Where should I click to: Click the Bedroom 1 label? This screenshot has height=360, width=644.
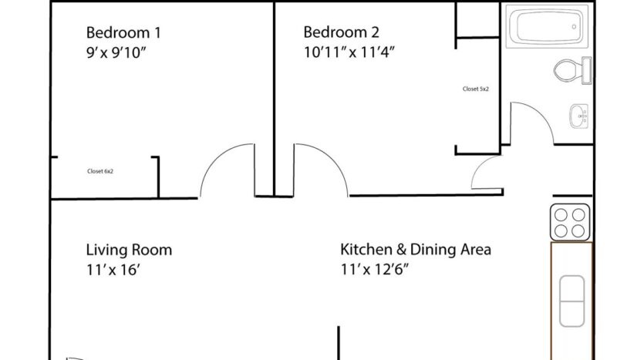[x=123, y=32]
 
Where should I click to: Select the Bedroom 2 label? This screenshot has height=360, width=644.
[x=341, y=32]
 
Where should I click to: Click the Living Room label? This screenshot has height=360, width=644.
[x=129, y=251]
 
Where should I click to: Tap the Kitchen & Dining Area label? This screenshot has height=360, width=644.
[x=416, y=251]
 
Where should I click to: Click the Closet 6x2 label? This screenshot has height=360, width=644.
[x=100, y=171]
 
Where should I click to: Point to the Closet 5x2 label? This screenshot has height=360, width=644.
[x=476, y=89]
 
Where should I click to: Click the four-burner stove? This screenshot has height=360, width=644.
[x=570, y=222]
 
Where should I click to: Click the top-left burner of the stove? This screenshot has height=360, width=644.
[x=561, y=214]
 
